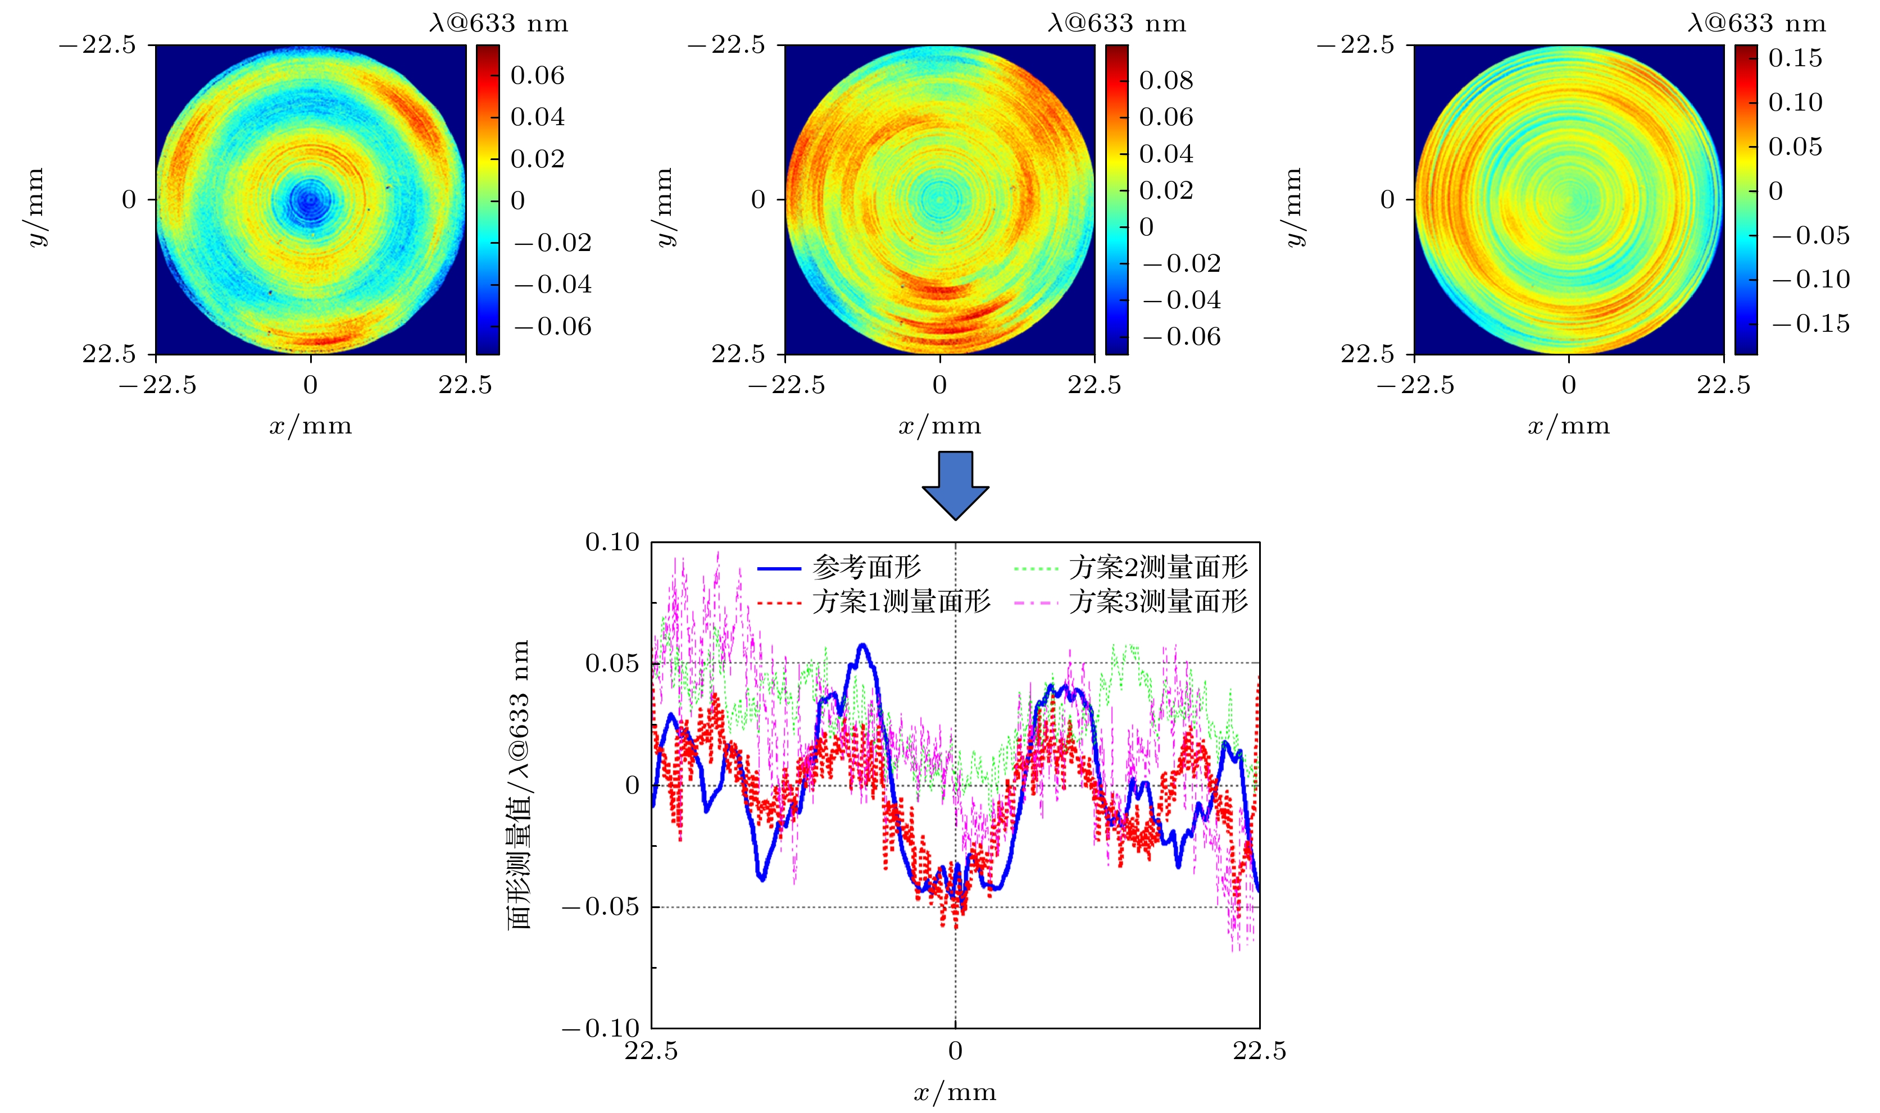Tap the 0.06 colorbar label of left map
[x=537, y=76]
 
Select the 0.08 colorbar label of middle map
[x=1166, y=80]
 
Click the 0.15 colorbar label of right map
[x=1795, y=58]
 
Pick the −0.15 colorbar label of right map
[x=1811, y=324]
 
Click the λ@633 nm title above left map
[x=499, y=24]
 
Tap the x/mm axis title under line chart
[x=955, y=1093]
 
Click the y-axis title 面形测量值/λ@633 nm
[x=519, y=784]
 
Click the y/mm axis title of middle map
[x=665, y=207]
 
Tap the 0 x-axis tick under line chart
[x=955, y=1051]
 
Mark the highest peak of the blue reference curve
[x=862, y=645]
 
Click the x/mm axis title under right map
[x=1569, y=426]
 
